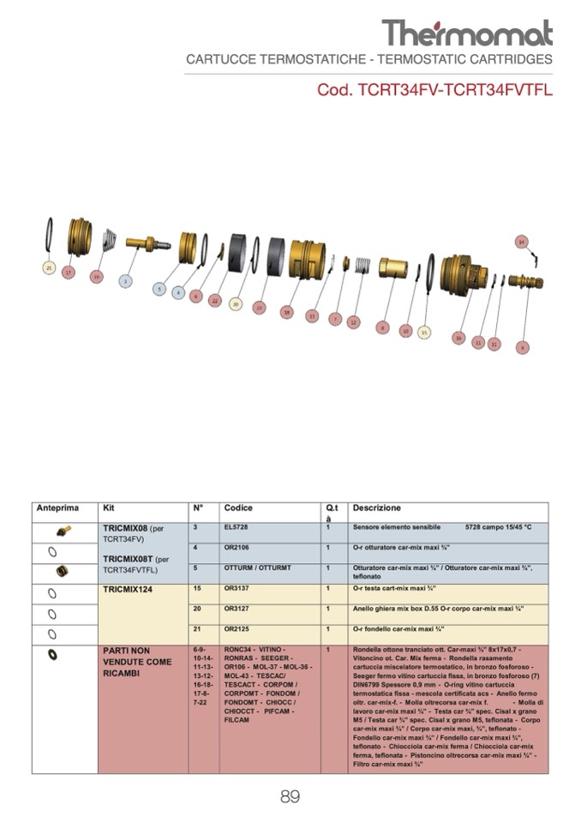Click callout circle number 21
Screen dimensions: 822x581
pos(49,267)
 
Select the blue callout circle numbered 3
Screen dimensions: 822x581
pos(126,280)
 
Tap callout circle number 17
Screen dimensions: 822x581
pos(69,273)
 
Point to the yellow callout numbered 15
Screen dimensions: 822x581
pos(423,332)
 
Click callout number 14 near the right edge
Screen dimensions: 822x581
pos(521,242)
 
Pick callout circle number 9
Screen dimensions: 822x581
pos(522,347)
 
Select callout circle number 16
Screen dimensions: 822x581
pos(458,338)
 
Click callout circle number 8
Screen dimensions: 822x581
pos(382,327)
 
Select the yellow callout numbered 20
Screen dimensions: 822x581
pos(236,303)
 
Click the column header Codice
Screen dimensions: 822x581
pos(238,508)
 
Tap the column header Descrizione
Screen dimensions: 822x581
pos(376,508)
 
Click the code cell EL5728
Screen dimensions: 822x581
pos(236,527)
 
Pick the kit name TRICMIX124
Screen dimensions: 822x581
pos(128,590)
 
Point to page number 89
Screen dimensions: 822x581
pos(290,797)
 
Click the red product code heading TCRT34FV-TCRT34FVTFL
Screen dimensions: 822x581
pos(434,90)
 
